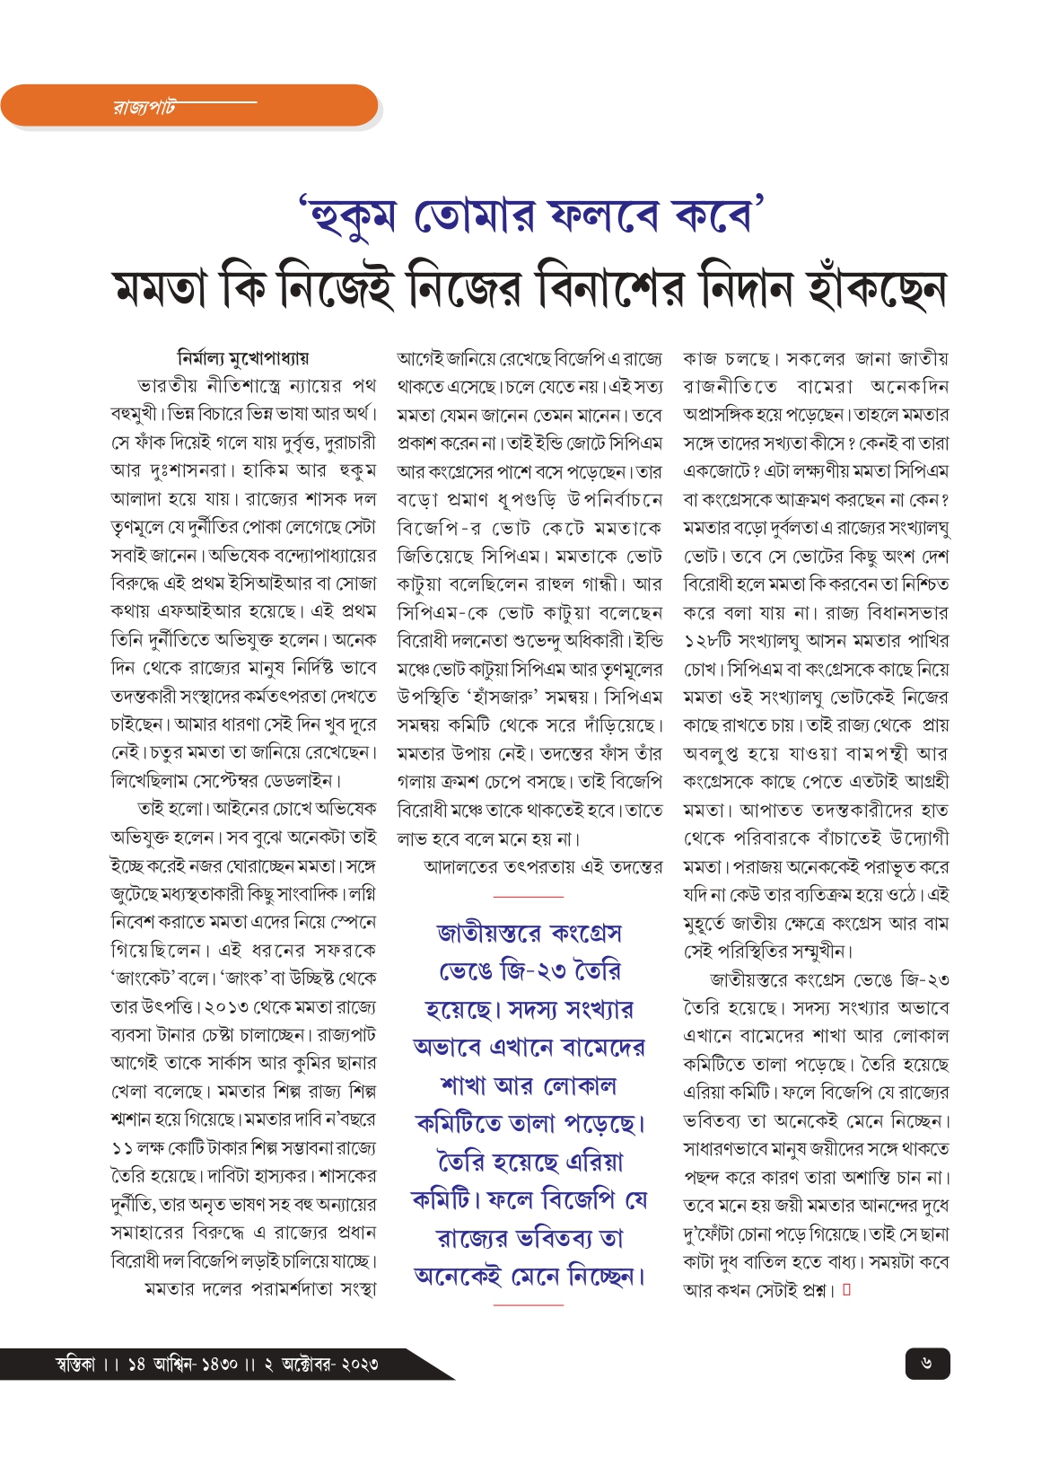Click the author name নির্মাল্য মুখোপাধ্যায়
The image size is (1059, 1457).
pos(243,358)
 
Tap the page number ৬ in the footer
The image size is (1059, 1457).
pos(926,1364)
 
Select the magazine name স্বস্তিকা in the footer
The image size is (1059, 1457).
pos(75,1365)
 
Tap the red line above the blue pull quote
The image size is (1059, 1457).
pos(529,896)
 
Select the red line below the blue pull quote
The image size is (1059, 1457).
pos(529,1304)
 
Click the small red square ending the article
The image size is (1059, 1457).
pos(846,1290)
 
